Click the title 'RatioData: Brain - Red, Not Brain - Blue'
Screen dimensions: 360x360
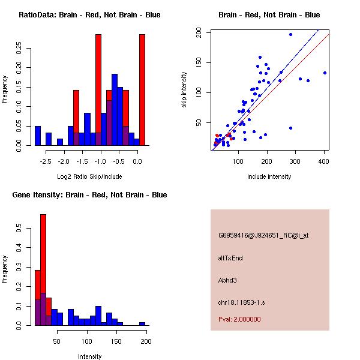89,15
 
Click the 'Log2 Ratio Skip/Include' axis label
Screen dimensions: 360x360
89,176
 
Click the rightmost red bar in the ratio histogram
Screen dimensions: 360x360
142,90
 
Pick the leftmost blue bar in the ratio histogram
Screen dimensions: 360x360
38,136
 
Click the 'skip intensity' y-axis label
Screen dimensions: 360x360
184,90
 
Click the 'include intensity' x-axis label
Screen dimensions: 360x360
269,176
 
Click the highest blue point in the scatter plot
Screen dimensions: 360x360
290,35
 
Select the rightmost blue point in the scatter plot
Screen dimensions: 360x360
325,73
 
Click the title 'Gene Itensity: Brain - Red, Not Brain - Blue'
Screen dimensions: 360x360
89,195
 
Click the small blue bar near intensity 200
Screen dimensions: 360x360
142,323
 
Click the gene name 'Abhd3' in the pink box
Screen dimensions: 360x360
227,280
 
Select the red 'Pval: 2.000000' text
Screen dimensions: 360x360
239,319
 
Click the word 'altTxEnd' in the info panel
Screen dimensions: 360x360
230,258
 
